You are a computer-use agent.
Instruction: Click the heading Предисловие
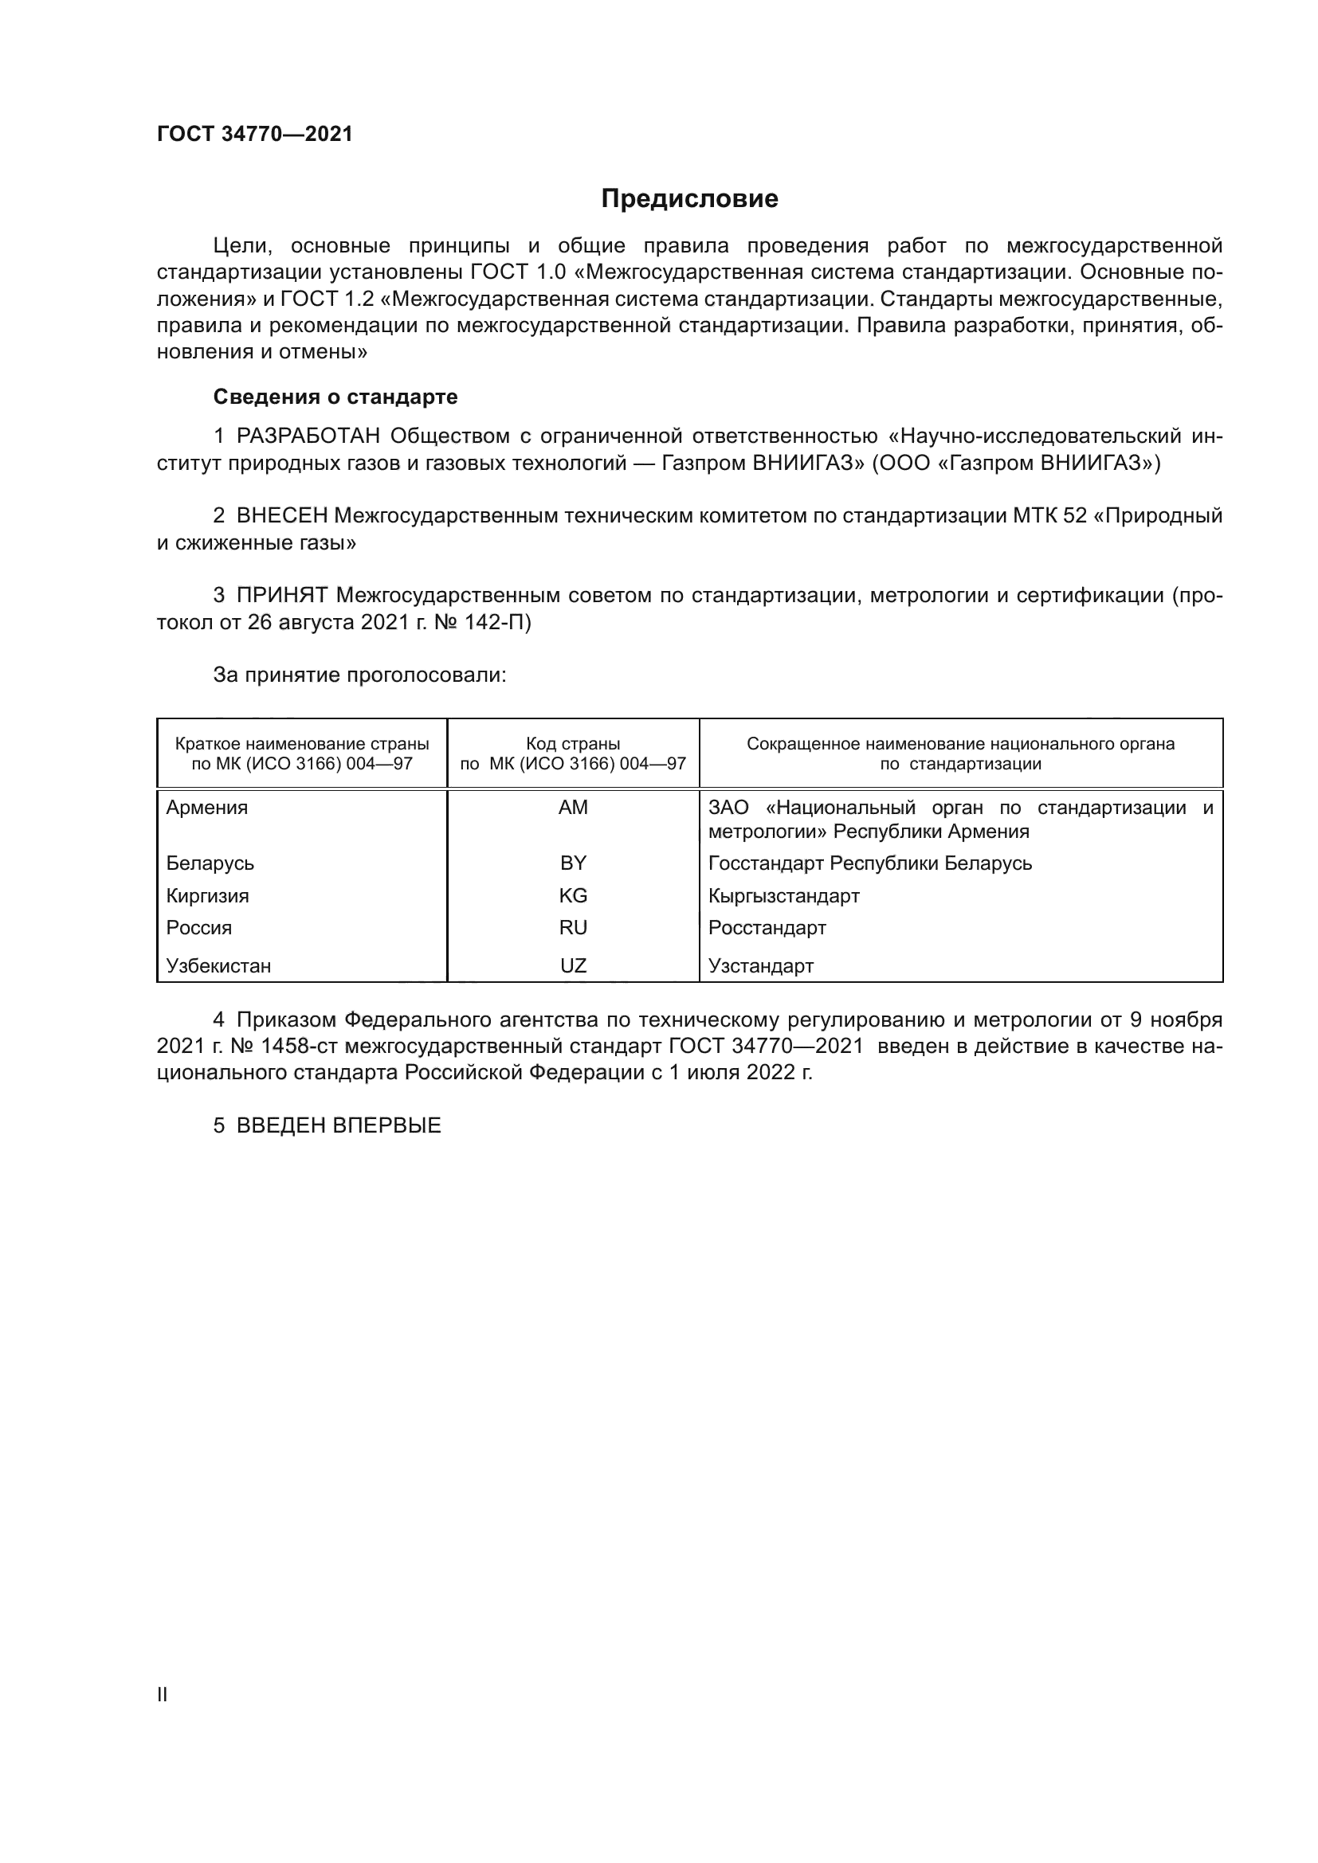coord(689,199)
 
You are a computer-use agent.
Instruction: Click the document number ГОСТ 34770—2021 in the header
coord(255,134)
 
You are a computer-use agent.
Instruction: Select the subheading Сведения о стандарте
coord(335,397)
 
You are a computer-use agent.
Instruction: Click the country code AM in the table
coord(573,808)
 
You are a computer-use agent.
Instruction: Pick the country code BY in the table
coord(573,863)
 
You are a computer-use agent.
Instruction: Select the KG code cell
coord(573,896)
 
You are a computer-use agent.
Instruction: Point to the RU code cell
coord(573,927)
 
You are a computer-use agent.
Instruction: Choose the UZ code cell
coord(573,965)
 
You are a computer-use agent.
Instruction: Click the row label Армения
coord(207,808)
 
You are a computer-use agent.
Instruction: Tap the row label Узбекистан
coord(218,965)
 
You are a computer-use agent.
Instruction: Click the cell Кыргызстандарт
coord(783,896)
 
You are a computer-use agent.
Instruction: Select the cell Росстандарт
coord(767,927)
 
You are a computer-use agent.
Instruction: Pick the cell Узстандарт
coord(760,965)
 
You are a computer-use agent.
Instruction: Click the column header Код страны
coord(573,744)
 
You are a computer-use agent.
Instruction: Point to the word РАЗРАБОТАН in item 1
coord(308,436)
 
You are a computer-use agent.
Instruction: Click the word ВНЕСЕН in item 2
coord(281,516)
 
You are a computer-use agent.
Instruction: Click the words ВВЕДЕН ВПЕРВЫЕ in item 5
coord(339,1125)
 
